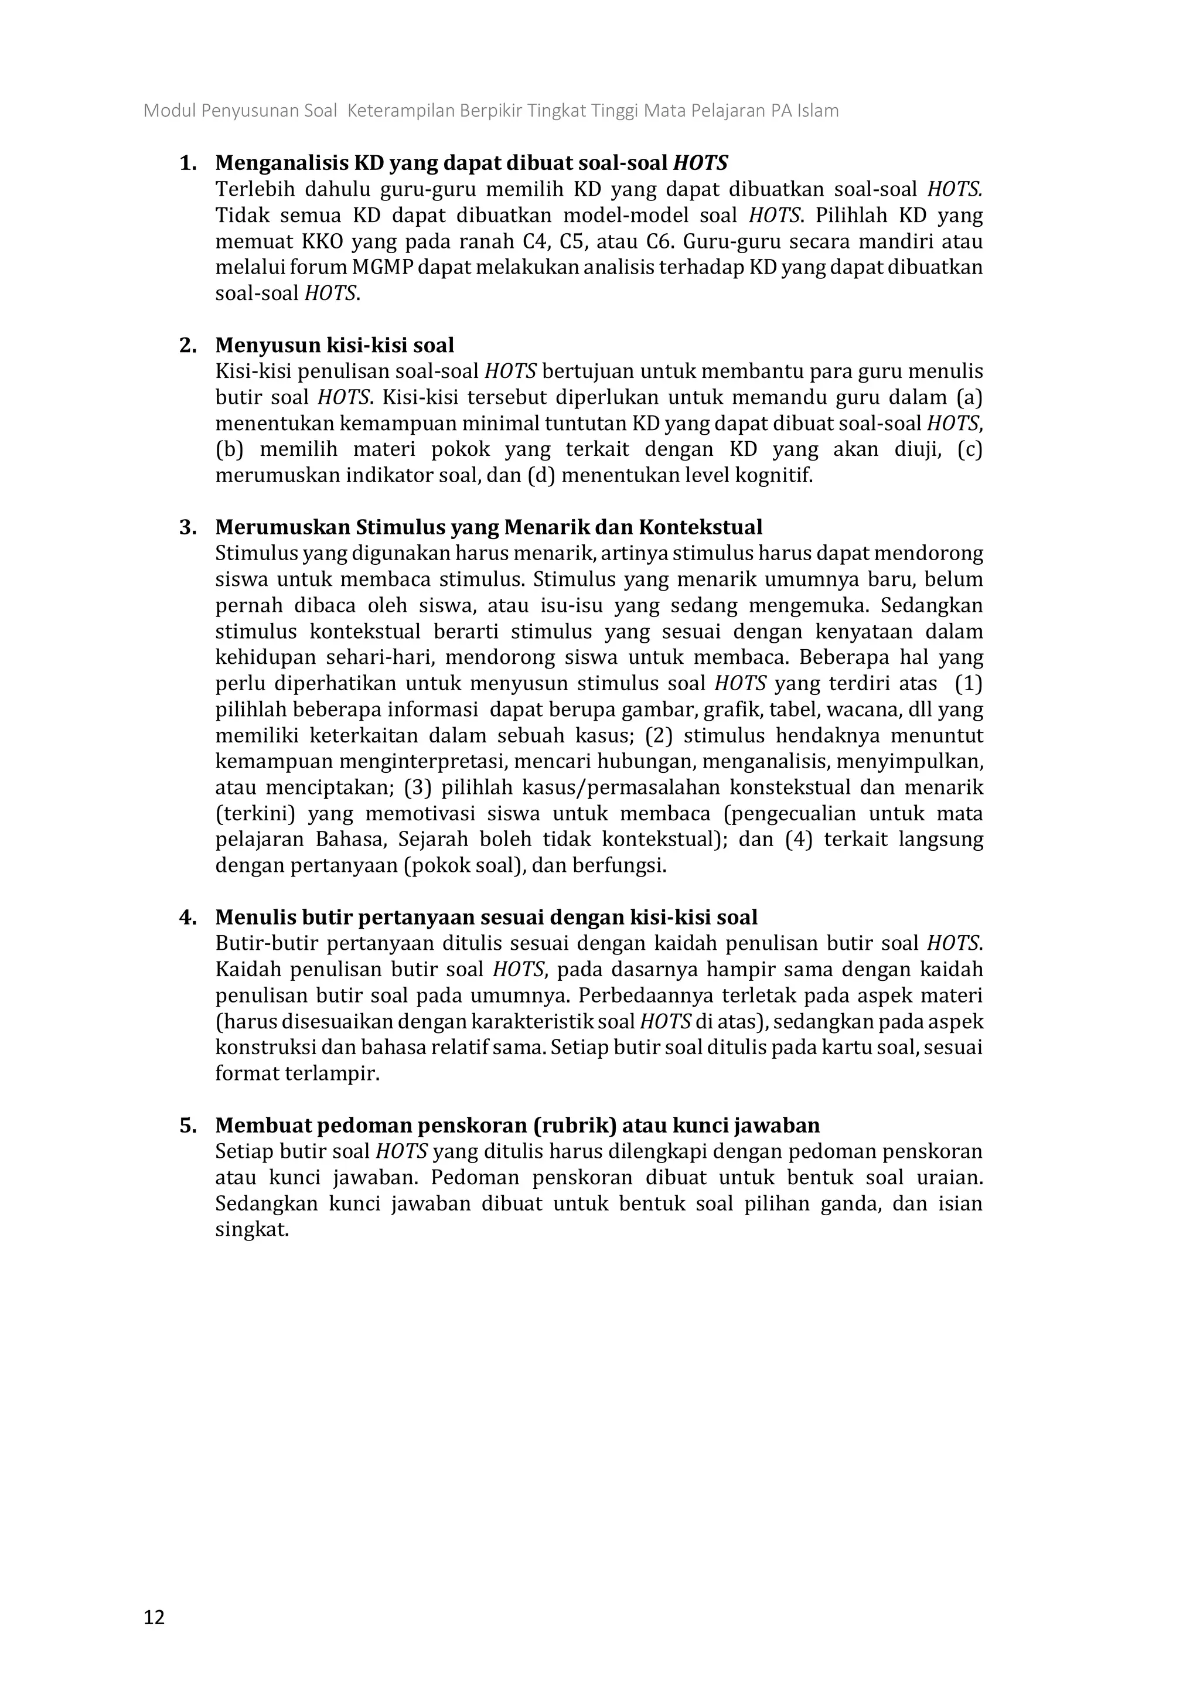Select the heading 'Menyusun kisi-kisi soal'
[x=334, y=345]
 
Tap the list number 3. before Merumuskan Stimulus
[x=188, y=527]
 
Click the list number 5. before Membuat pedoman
[x=188, y=1126]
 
